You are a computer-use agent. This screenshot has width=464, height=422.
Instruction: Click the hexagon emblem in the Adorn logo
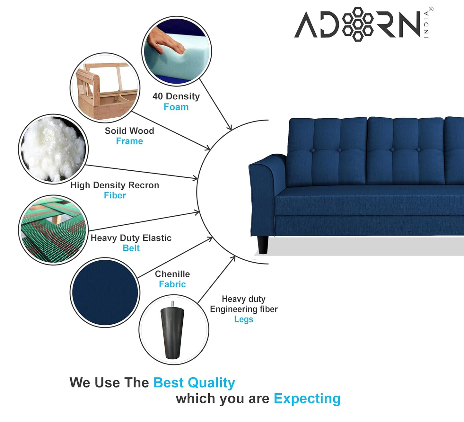coord(358,24)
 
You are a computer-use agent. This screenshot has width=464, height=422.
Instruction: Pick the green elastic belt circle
coord(53,230)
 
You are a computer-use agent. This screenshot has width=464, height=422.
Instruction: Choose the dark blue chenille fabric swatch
coord(105,292)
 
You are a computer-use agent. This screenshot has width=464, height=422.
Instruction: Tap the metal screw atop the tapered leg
coord(172,304)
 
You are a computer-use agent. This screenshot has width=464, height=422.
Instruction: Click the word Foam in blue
coord(176,107)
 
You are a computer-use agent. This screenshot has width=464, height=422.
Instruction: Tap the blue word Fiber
coord(115,195)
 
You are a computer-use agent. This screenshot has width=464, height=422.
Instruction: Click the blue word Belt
coord(131,248)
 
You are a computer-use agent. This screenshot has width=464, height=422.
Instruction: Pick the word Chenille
coord(172,274)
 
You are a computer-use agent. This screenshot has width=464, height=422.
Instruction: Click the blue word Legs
coord(243,319)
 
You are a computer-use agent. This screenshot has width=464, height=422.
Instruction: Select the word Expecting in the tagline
coord(307,399)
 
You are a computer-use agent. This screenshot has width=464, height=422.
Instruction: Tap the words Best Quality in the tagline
coord(194,383)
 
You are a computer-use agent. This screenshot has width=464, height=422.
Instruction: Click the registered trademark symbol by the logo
coord(431,9)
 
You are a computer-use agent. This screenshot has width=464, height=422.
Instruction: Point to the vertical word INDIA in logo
coord(426,24)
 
